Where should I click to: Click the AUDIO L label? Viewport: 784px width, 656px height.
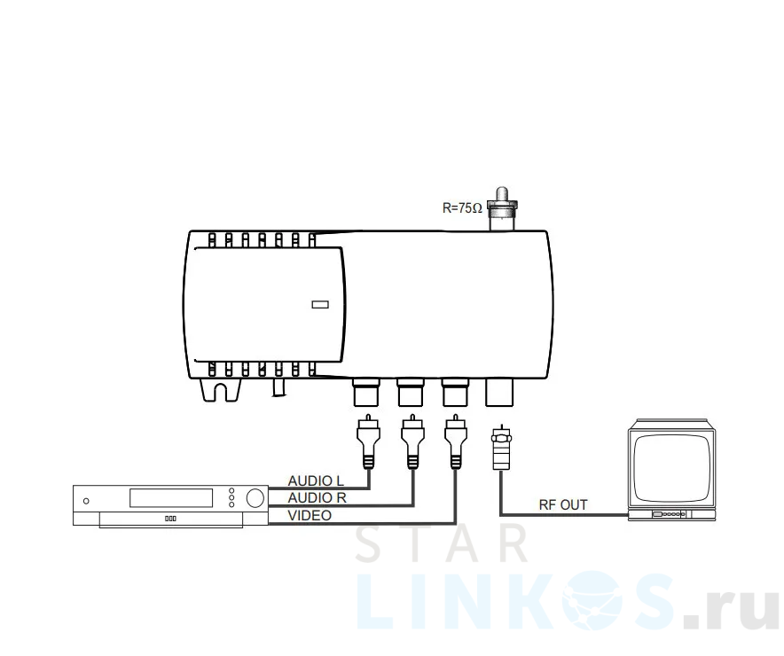(316, 480)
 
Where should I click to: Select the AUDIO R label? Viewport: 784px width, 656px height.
(317, 497)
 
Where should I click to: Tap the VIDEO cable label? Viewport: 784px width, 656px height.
(310, 515)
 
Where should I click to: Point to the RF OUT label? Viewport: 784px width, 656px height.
(563, 504)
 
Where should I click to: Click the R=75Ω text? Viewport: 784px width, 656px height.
(462, 207)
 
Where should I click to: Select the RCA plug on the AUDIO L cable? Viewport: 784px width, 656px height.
(368, 441)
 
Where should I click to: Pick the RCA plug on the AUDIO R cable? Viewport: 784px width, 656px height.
(412, 441)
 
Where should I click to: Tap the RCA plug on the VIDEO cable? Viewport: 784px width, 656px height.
(456, 441)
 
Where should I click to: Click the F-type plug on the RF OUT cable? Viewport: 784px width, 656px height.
(500, 447)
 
